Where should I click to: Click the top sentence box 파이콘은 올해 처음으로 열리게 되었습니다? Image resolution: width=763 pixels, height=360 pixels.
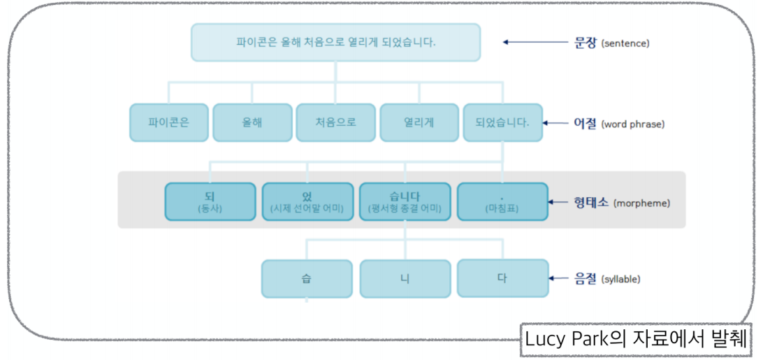click(335, 42)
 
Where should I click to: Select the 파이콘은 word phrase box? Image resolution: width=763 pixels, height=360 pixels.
click(168, 122)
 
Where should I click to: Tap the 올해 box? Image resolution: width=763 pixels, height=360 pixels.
click(252, 122)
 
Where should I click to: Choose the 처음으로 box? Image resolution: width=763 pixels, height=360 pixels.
click(335, 122)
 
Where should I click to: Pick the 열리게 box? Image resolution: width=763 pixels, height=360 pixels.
click(419, 122)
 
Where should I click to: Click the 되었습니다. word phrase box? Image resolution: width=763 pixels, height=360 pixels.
click(502, 122)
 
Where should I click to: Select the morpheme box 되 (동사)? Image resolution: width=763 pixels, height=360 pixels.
click(210, 201)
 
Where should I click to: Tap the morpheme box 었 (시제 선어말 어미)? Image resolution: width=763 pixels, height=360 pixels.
click(307, 201)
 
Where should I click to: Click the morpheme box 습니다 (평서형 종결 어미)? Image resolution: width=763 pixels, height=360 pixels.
click(405, 201)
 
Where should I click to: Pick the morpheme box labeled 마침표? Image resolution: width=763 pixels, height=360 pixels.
click(502, 201)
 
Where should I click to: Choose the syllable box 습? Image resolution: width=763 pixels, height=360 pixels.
click(306, 278)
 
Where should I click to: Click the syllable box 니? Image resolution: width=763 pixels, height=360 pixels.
click(405, 278)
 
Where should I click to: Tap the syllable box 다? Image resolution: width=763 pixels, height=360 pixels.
click(502, 278)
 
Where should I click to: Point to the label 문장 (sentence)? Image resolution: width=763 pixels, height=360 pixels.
click(607, 43)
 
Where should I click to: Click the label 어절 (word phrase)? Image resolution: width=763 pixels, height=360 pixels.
click(618, 124)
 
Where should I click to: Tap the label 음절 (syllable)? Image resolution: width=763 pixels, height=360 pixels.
click(606, 279)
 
